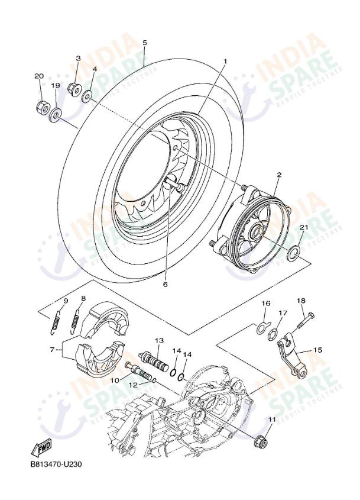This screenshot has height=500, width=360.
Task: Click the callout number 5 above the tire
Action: point(144,43)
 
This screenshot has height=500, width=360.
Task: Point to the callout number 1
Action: point(225,61)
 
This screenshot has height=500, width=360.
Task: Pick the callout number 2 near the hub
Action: point(278,175)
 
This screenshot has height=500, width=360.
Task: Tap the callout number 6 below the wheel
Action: point(165,285)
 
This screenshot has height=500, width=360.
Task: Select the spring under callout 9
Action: point(55,320)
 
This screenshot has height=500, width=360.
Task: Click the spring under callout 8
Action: point(76,320)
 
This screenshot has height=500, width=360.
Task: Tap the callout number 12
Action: point(134,385)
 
